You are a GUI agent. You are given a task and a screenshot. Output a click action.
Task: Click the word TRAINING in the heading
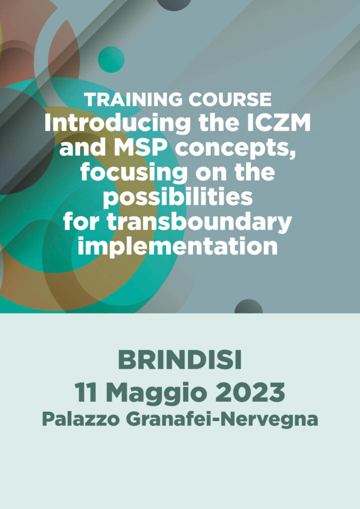(134, 99)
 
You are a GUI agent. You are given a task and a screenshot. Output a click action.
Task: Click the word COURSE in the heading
(230, 99)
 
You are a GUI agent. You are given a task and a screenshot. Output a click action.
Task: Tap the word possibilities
(178, 198)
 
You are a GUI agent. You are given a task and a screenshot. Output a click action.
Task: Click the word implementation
(178, 247)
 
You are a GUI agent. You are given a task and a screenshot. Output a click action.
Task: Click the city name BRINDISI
(180, 361)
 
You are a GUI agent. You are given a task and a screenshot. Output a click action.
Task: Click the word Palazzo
(81, 420)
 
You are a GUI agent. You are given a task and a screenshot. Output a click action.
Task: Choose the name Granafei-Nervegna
(222, 420)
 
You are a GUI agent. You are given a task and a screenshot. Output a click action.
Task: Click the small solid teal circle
(111, 60)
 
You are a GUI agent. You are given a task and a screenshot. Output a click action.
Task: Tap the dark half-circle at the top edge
(174, 4)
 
